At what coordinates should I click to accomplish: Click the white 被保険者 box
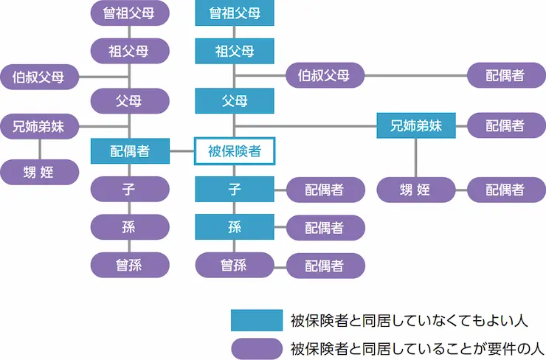[x=235, y=151]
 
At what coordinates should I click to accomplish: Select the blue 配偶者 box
[x=129, y=151]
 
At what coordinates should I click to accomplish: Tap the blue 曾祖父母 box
[x=235, y=13]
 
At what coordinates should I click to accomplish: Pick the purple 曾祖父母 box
[x=129, y=13]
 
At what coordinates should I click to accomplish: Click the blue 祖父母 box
[x=235, y=51]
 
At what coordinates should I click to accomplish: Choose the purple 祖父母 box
[x=129, y=51]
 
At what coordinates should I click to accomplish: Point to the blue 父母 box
[x=235, y=100]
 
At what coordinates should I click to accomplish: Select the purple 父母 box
[x=129, y=100]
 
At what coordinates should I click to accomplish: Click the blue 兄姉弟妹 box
[x=416, y=125]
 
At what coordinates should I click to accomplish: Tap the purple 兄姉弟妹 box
[x=38, y=125]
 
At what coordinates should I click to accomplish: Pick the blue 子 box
[x=235, y=189]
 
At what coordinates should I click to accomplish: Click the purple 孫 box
[x=129, y=227]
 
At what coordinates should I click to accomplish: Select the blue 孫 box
[x=235, y=227]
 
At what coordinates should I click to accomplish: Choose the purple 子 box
[x=129, y=189]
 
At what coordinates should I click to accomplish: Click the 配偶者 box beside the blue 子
[x=325, y=190]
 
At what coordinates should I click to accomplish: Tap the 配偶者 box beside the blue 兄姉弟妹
[x=505, y=125]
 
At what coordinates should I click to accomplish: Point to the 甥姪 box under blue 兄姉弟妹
[x=416, y=190]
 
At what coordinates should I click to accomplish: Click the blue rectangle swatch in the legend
[x=256, y=320]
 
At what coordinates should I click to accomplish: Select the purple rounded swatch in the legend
[x=256, y=347]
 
